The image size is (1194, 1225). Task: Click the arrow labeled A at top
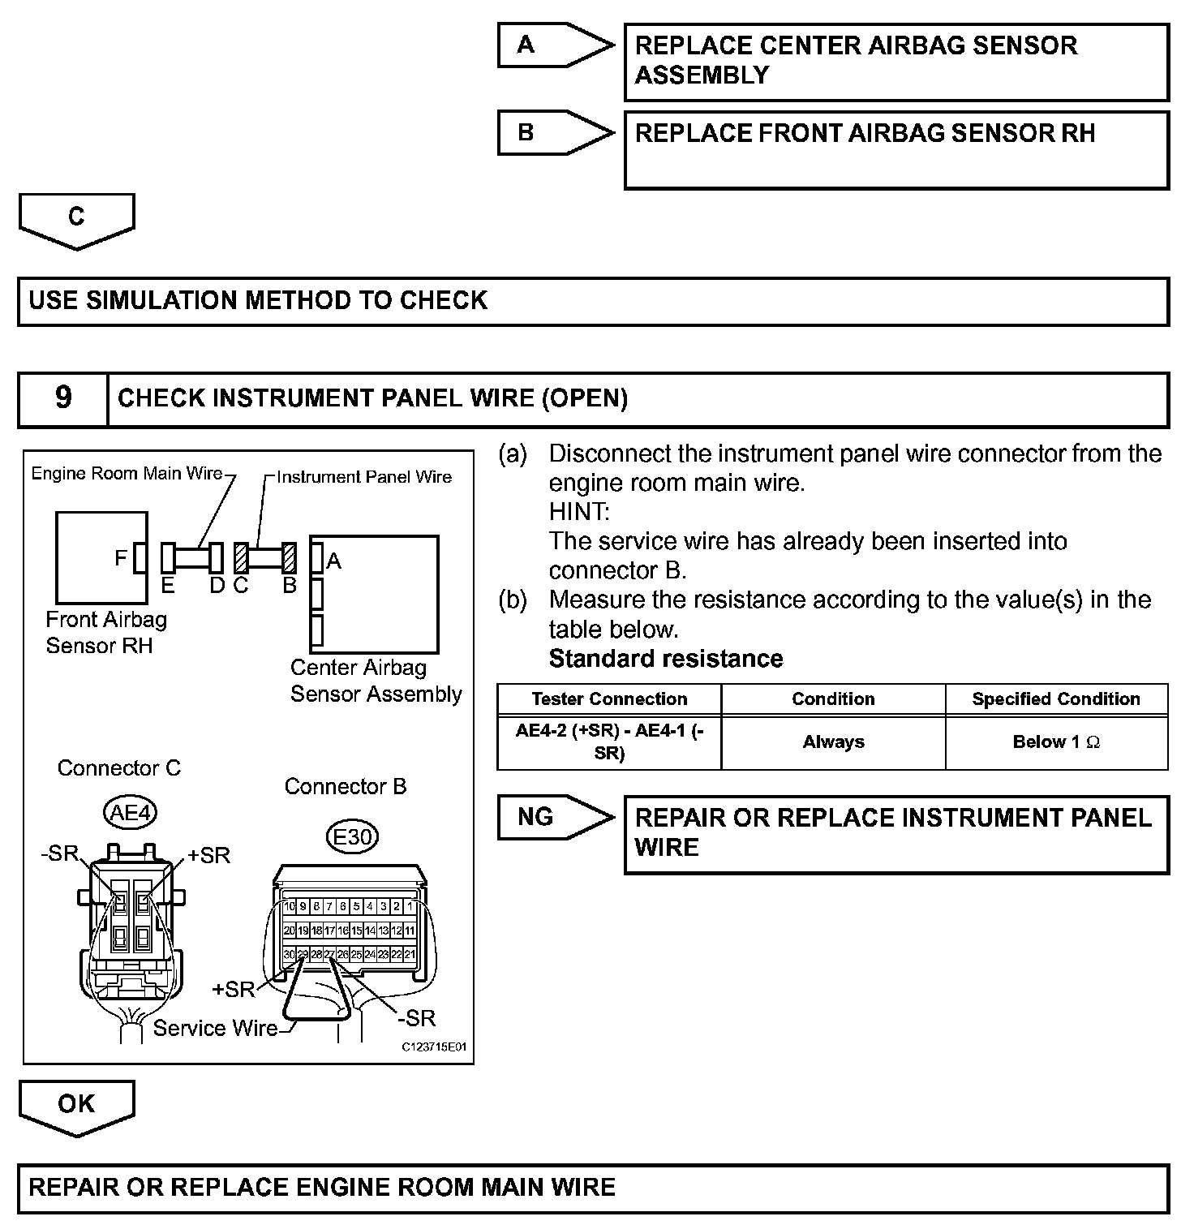click(555, 45)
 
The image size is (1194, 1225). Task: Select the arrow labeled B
click(555, 132)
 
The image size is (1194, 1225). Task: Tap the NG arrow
click(555, 817)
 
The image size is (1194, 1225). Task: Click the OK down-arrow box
click(76, 1105)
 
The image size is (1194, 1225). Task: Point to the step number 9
click(63, 398)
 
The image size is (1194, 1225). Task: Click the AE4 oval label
click(130, 812)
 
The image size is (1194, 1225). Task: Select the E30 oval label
click(352, 836)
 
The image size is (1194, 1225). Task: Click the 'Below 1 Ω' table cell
click(1056, 742)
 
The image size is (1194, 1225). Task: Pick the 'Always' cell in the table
click(833, 742)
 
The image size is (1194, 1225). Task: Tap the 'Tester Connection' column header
click(609, 699)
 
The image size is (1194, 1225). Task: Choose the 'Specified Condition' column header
click(1056, 699)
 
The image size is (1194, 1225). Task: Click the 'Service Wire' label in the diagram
click(215, 1029)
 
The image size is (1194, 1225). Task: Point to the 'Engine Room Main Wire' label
click(127, 474)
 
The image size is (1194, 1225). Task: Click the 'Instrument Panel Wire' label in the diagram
click(364, 477)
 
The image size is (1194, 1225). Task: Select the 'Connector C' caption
click(119, 768)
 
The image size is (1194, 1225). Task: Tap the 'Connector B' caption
click(346, 787)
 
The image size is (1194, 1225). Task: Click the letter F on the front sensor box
click(121, 558)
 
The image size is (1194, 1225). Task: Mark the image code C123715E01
click(435, 1047)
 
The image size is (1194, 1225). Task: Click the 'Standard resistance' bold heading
click(666, 659)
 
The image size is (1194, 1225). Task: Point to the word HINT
click(578, 512)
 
